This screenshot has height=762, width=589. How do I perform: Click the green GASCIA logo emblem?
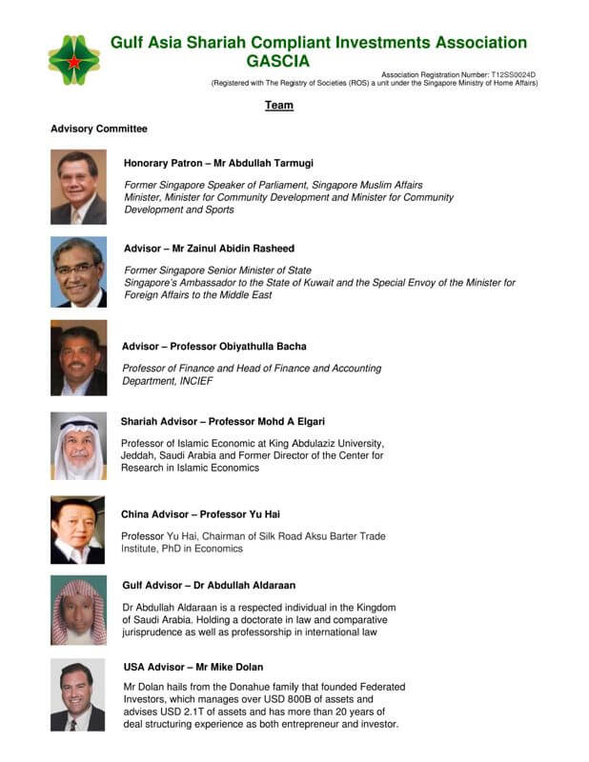[73, 59]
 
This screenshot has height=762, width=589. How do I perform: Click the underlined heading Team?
[279, 106]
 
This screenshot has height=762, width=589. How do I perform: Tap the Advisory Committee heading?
[99, 129]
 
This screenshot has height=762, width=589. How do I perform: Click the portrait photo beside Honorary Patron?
[78, 187]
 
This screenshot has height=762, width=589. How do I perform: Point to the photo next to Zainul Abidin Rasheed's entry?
[78, 271]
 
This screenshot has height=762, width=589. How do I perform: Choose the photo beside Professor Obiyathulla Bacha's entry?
[78, 358]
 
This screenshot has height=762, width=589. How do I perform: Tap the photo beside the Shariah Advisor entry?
[78, 446]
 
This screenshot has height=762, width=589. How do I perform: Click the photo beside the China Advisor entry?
[78, 530]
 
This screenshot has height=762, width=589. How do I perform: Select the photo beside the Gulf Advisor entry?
[78, 612]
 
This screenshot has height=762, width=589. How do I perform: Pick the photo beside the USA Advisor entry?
[78, 695]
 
